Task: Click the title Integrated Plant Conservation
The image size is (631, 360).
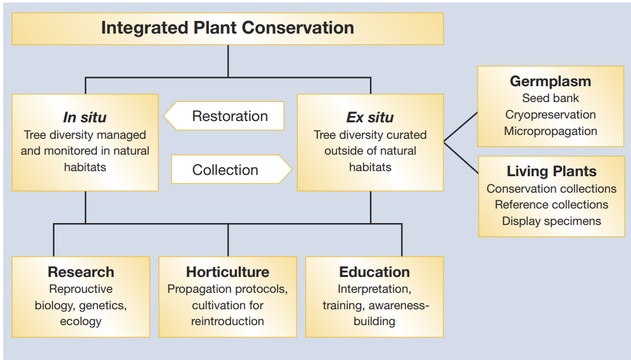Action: pos(227,28)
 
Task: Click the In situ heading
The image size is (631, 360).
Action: pos(85,117)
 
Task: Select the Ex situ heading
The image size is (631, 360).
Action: pos(370,117)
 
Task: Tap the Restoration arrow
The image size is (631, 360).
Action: pos(224,116)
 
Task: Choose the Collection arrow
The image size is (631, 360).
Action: pos(231,169)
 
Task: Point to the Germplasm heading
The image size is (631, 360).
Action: pos(551,81)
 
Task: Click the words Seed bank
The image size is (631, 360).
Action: pos(551,98)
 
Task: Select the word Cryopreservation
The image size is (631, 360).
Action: pos(551,115)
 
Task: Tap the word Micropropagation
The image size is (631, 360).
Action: pos(551,131)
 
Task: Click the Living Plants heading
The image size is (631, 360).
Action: pos(552,171)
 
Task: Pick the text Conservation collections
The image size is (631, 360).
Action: pos(552,188)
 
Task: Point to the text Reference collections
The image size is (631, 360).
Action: pos(552,205)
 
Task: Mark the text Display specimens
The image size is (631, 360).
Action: pos(552,221)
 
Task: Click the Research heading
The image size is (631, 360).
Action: pos(81,272)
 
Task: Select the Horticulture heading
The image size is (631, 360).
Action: pos(228,272)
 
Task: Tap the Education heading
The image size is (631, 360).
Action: pos(374,272)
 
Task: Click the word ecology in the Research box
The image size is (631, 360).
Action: pos(81,321)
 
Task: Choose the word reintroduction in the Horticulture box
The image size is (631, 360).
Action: pos(228,321)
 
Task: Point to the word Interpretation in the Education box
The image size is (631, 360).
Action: pos(373,289)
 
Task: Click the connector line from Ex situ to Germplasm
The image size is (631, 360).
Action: pos(461,127)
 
